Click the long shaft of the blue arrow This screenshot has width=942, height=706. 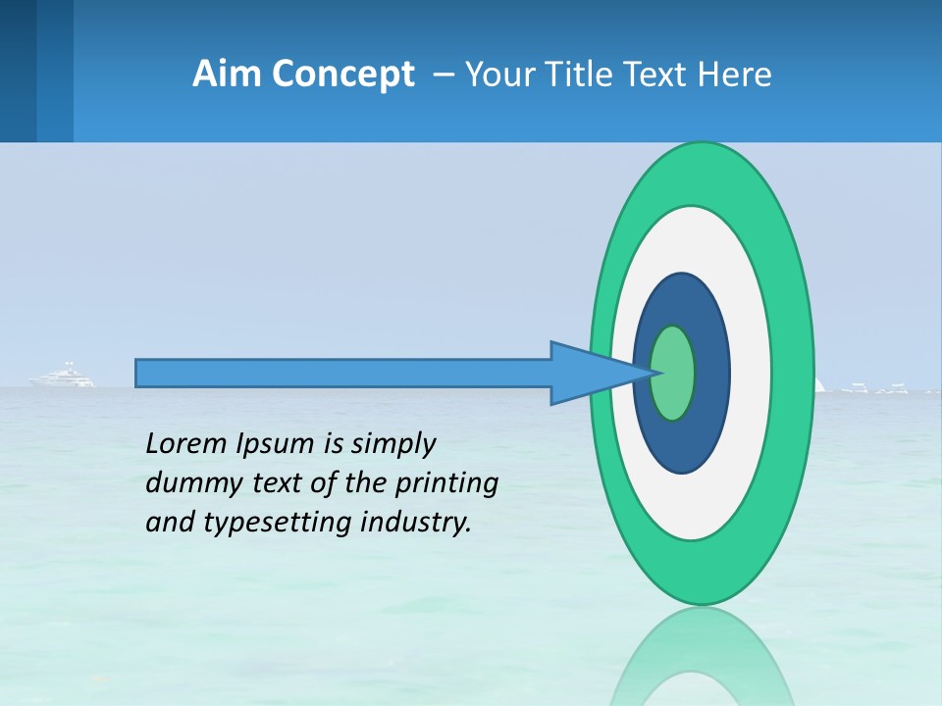[343, 374]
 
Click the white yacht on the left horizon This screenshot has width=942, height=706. [65, 377]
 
